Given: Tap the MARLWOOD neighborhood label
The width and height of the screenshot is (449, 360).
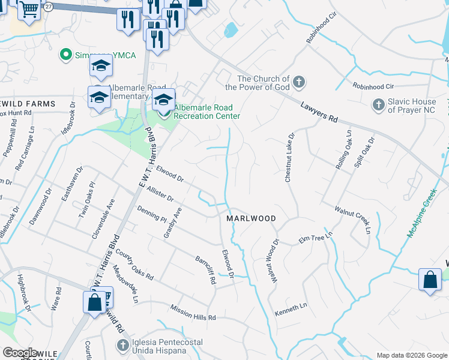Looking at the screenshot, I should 251,219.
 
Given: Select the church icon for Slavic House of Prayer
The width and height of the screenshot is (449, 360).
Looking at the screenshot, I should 378,105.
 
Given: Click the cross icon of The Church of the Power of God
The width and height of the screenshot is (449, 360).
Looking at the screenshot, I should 299,82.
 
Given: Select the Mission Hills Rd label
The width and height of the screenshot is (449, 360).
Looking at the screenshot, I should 193,312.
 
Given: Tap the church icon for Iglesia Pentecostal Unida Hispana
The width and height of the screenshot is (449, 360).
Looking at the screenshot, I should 122,345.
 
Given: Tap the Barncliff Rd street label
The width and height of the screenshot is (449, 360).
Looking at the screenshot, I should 205,270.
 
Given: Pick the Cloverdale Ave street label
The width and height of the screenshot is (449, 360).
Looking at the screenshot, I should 103,221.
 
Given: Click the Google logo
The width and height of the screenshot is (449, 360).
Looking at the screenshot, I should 20,353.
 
